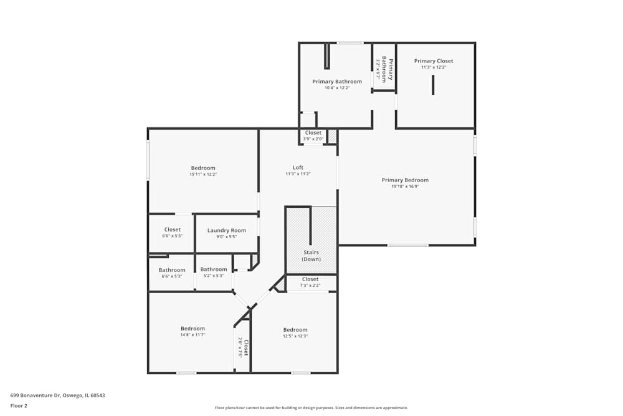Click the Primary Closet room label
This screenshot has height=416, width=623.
point(434,61)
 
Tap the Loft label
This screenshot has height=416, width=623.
point(298,167)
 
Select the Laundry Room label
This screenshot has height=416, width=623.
point(227,230)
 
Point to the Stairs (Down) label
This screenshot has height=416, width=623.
point(311,256)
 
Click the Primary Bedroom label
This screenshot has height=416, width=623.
point(405,180)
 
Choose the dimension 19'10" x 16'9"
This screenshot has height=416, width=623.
point(405,186)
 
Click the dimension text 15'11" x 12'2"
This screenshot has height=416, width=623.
point(203,175)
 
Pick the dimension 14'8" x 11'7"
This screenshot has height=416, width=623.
point(193,335)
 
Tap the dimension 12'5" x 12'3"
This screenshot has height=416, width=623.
point(295,336)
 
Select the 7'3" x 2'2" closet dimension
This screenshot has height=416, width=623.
point(310,286)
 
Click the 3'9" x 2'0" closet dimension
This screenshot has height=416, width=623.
point(313,139)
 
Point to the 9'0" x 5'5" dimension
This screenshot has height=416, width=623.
point(227,236)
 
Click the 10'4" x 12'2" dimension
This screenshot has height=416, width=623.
point(337,88)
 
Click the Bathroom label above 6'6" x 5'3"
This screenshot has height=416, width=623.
point(172,270)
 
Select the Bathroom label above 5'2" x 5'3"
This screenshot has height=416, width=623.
point(214,269)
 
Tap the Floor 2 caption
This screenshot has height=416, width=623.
point(19,405)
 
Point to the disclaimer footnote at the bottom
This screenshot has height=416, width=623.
point(311,408)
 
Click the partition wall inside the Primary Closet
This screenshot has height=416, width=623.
point(433,85)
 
